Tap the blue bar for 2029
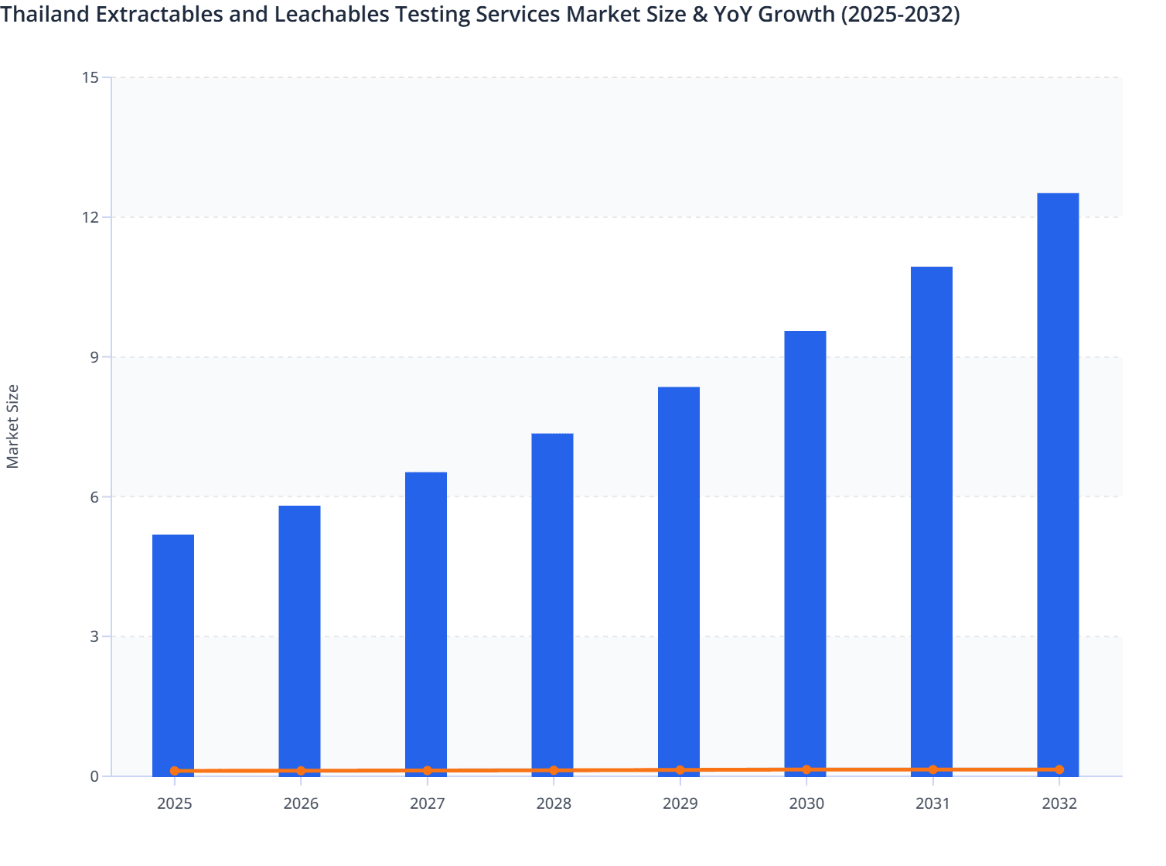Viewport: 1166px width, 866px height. click(x=679, y=580)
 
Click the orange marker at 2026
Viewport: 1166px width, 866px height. click(x=301, y=771)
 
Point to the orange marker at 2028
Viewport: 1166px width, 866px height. click(x=554, y=770)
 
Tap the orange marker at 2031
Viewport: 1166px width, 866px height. click(x=932, y=769)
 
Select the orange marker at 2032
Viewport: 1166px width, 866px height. click(x=1059, y=769)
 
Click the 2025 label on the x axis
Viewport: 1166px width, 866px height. click(x=175, y=803)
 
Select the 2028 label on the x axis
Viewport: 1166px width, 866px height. click(x=554, y=803)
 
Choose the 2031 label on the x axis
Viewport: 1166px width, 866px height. click(x=932, y=803)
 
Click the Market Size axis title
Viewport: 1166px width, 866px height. click(x=13, y=426)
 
